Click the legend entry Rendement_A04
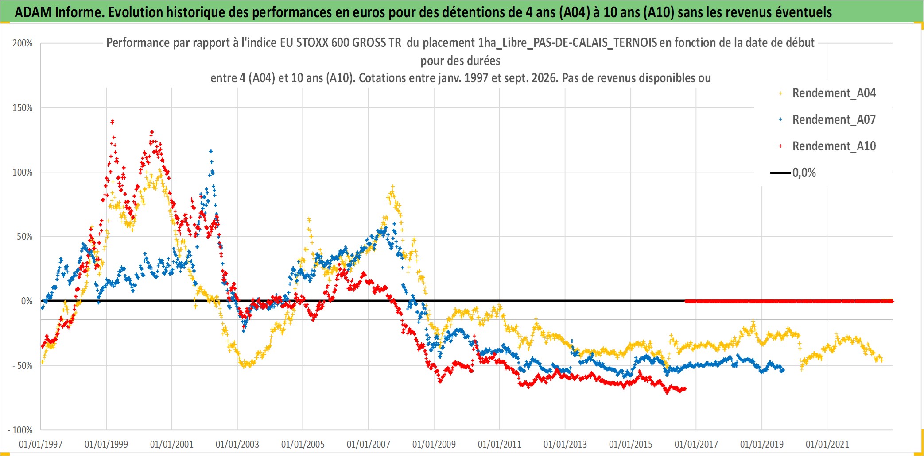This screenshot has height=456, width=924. (834, 93)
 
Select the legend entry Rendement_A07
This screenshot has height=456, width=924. (834, 120)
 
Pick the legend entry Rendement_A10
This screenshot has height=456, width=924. (834, 146)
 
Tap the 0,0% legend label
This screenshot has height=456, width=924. (804, 173)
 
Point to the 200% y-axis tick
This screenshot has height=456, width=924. (23, 43)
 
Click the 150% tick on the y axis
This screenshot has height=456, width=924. (23, 108)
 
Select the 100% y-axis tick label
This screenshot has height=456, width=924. (23, 172)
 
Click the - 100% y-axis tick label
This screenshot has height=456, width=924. (20, 430)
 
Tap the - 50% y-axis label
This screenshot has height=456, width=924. (22, 366)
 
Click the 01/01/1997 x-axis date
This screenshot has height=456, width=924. (41, 444)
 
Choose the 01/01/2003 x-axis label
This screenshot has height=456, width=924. (237, 444)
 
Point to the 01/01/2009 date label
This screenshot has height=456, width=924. (434, 444)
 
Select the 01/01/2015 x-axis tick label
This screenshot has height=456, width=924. (631, 444)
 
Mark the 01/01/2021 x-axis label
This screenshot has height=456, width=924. (827, 444)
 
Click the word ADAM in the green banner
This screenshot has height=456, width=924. (33, 12)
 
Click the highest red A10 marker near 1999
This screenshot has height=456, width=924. (113, 121)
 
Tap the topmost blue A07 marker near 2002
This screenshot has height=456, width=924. (211, 151)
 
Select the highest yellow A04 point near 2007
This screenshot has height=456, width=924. (392, 187)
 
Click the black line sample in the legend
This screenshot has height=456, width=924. (780, 173)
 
